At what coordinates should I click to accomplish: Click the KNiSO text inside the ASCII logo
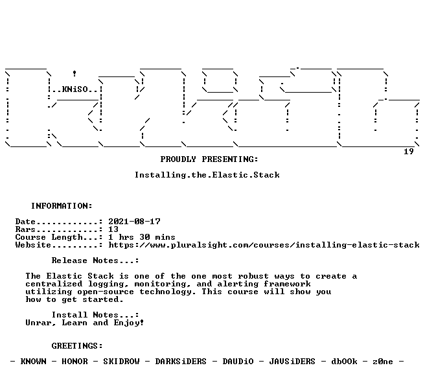tap(75, 89)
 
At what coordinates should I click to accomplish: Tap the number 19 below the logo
tap(408, 152)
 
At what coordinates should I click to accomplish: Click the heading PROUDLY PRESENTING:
tap(209, 159)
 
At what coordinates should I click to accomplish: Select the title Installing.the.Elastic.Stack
tap(207, 175)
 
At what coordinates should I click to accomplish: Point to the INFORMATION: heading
tap(62, 206)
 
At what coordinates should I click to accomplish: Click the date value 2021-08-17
tap(135, 222)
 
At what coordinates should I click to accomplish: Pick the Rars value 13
tap(113, 229)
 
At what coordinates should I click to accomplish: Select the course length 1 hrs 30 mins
tap(142, 237)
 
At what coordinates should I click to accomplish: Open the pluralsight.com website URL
tap(264, 245)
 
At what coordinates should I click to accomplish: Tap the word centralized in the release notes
tap(54, 284)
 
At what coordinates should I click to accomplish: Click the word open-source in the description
tap(106, 292)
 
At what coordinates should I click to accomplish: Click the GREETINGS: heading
tap(77, 346)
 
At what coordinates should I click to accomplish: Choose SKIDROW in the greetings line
tap(121, 362)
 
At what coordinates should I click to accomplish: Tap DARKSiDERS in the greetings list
tap(181, 362)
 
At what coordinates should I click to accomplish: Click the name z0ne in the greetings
tap(383, 362)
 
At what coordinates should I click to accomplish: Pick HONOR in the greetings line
tap(75, 362)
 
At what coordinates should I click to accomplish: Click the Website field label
tap(33, 245)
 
